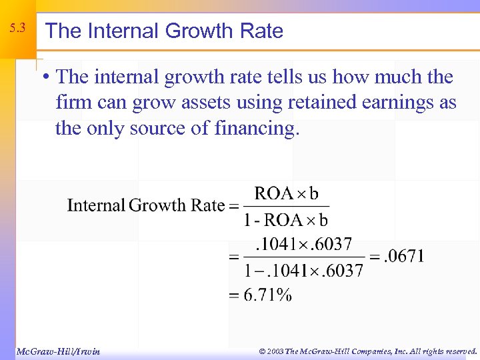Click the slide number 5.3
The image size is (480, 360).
point(17,29)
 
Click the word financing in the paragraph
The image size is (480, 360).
point(258,129)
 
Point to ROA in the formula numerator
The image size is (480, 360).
point(274,193)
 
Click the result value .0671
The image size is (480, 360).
point(402,257)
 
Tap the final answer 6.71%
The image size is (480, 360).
point(267,295)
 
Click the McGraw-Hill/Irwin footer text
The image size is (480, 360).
point(57,351)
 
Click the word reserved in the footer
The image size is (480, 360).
point(457,351)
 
